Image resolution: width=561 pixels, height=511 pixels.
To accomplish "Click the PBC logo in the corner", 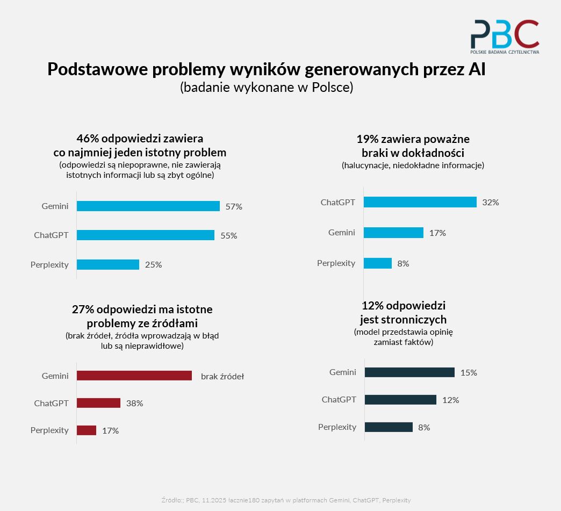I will [505, 37].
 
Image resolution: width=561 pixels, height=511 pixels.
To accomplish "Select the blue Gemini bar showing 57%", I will [148, 206].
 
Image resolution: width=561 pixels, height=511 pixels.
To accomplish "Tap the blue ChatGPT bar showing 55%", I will [145, 235].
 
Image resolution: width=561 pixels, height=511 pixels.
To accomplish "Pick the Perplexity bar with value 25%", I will [107, 264].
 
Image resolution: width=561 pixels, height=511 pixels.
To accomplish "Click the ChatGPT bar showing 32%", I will [420, 202].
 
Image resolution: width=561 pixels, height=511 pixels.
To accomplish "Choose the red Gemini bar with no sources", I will [134, 376].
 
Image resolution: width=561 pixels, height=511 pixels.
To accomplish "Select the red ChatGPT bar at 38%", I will [98, 403].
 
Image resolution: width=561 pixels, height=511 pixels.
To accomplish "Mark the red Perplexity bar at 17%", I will [86, 430].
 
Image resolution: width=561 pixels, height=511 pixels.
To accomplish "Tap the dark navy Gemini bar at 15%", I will [409, 372].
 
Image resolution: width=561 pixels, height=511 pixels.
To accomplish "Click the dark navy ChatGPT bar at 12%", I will [400, 400].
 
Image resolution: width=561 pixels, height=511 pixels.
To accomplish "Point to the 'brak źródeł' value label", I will [222, 377].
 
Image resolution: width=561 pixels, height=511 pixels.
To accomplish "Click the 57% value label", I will [234, 207].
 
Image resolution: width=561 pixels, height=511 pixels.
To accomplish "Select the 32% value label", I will [491, 203].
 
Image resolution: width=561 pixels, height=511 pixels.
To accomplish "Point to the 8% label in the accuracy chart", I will [403, 264].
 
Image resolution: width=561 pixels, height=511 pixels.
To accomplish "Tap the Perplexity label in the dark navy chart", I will [337, 427].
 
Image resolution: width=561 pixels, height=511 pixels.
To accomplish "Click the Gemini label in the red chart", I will [55, 376].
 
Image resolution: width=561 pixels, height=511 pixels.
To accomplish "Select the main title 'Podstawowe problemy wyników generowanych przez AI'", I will [267, 70].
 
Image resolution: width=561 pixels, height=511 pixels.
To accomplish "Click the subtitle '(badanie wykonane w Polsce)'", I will [267, 88].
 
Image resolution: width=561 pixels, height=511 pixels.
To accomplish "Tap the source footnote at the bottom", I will [286, 500].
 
